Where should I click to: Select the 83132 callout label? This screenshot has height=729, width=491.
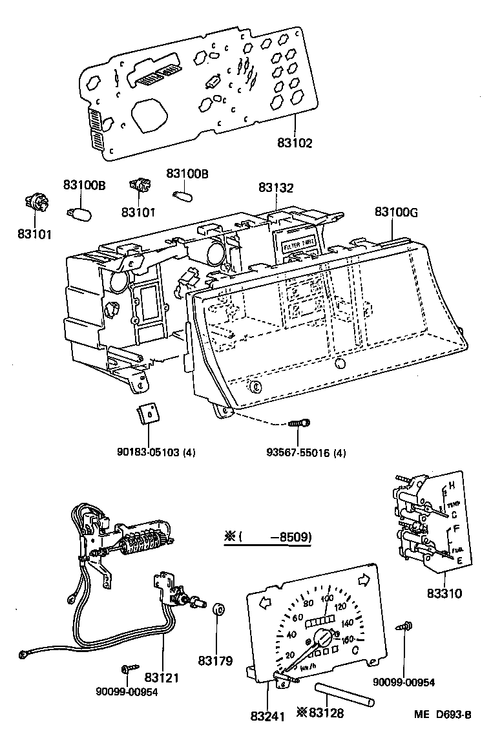276,188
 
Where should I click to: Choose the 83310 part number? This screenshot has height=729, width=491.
444,593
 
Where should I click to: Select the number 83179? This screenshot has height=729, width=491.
219,660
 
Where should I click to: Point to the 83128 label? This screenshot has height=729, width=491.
325,713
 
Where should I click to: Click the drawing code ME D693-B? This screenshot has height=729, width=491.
443,715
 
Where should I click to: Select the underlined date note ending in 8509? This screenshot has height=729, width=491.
267,537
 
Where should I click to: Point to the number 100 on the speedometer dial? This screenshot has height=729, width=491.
327,598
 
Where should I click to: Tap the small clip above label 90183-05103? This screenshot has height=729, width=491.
149,414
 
